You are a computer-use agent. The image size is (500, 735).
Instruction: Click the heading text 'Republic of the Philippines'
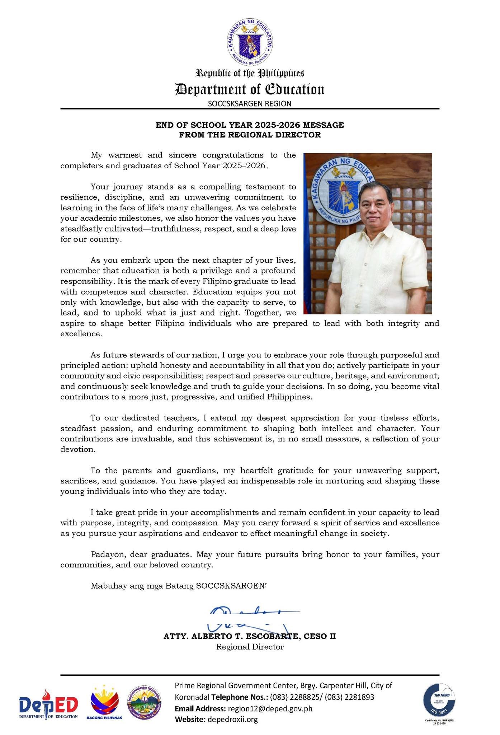click(x=250, y=74)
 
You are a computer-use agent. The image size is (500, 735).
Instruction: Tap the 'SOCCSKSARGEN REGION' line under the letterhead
click(x=250, y=104)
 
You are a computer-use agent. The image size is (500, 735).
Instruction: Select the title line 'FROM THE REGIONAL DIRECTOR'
click(x=250, y=135)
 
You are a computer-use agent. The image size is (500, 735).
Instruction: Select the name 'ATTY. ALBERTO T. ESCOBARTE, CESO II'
click(x=250, y=636)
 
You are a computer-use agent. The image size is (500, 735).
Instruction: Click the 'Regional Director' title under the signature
click(x=250, y=647)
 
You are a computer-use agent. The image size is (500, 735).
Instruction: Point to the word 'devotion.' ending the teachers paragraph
click(x=78, y=449)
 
